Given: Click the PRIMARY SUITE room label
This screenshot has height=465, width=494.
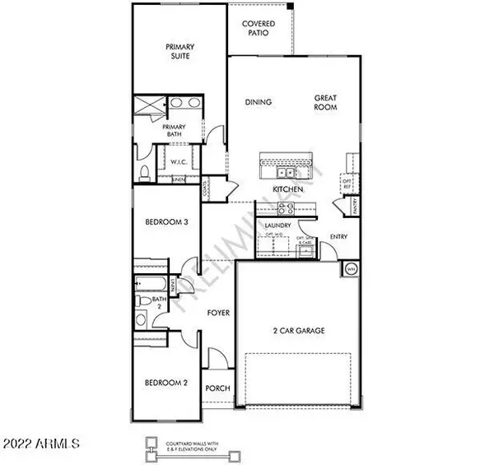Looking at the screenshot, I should pyautogui.click(x=178, y=53).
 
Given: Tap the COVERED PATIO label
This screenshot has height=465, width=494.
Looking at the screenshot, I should pyautogui.click(x=258, y=30).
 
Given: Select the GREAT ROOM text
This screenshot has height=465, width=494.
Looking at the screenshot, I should pyautogui.click(x=325, y=103).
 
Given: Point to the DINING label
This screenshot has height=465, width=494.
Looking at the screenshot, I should pyautogui.click(x=259, y=103).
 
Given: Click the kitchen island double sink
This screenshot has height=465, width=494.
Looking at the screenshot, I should pyautogui.click(x=284, y=173).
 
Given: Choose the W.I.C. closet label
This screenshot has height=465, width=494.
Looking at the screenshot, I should pyautogui.click(x=180, y=161).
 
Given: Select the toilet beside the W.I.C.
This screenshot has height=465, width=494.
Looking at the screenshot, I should pyautogui.click(x=144, y=172).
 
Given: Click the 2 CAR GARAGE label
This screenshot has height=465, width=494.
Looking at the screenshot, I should pyautogui.click(x=299, y=331).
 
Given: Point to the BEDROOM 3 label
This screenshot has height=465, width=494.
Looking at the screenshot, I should pyautogui.click(x=168, y=222).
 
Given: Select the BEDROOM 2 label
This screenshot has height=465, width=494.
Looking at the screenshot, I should pyautogui.click(x=167, y=384).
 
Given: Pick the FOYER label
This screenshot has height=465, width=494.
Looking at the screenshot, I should pyautogui.click(x=217, y=314).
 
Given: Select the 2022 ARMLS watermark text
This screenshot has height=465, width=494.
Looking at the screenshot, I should pyautogui.click(x=41, y=444).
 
